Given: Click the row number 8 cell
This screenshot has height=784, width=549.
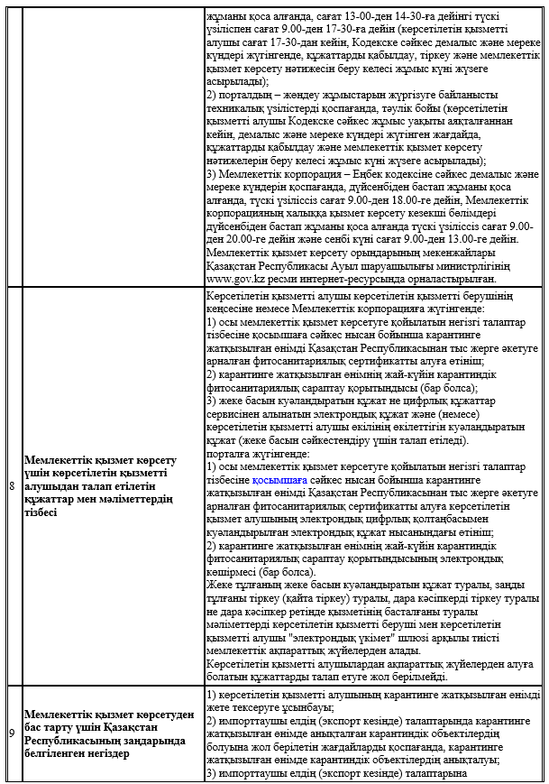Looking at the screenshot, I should pos(12,486).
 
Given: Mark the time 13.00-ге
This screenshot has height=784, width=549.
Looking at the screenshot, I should pos(469,239).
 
